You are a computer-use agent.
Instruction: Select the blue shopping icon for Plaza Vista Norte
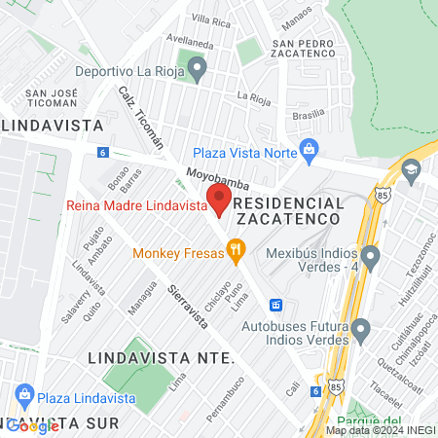pyautogui.click(x=310, y=150)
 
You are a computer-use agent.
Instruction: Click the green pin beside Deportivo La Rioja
pyautogui.click(x=198, y=69)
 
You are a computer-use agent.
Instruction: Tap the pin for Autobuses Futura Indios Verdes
pyautogui.click(x=361, y=333)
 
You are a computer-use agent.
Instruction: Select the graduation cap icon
pyautogui.click(x=412, y=171)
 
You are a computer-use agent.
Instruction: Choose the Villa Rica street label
pyautogui.click(x=210, y=20)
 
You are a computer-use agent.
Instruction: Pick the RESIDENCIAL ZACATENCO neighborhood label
pyautogui.click(x=289, y=211)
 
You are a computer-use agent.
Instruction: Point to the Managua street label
pyautogui.click(x=142, y=298)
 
